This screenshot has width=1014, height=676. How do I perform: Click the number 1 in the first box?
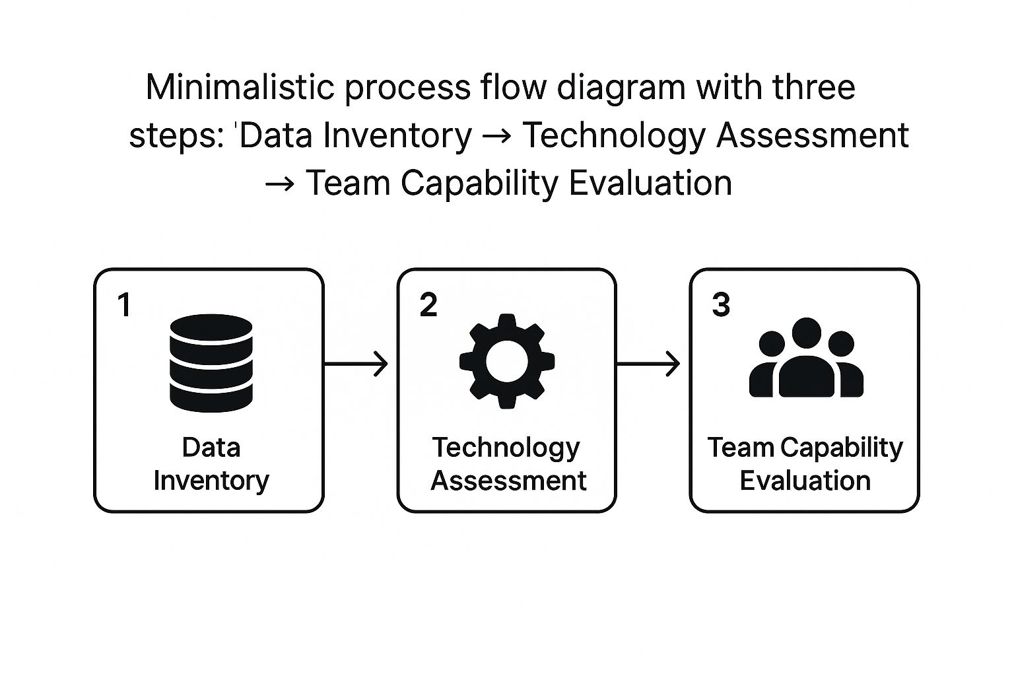coord(124,305)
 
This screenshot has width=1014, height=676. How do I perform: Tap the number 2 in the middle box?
coord(428,305)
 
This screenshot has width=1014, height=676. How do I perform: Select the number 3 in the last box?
coord(721,305)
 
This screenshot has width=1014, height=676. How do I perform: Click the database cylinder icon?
coord(211,363)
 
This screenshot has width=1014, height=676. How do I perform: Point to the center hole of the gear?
coord(506,361)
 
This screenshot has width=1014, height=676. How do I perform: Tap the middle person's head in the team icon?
coord(806,333)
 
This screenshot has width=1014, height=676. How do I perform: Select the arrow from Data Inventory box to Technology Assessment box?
coord(356,364)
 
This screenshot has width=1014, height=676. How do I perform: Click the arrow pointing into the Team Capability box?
coord(648,364)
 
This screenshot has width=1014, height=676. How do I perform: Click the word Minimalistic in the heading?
coord(240,87)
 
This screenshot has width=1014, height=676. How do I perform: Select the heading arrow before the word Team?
coord(280,184)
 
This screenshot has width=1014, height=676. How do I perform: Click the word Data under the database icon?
coord(211,448)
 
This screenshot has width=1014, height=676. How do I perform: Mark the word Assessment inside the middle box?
coord(508,481)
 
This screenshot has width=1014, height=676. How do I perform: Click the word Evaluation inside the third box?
coord(805,481)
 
